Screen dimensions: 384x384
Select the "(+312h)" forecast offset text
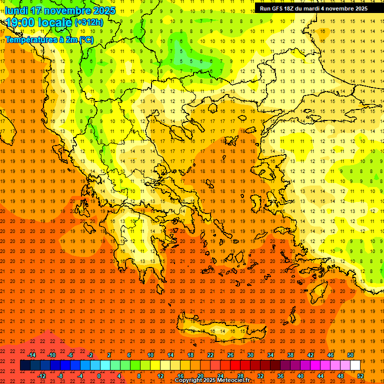pos(89,22)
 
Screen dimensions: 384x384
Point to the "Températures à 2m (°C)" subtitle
pos(48,40)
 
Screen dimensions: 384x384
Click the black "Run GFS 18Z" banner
pos(313,8)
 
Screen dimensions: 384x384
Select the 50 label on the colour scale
pos(350,355)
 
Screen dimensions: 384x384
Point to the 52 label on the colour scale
pos(360,376)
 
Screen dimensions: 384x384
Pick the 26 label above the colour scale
pos(230,355)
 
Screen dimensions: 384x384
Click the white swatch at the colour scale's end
pos(355,365)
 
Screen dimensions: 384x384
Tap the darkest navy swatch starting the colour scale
pos(25,365)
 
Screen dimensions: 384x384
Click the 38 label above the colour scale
pos(290,355)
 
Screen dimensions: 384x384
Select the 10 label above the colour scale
pos(150,355)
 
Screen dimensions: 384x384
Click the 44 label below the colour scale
pos(320,376)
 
